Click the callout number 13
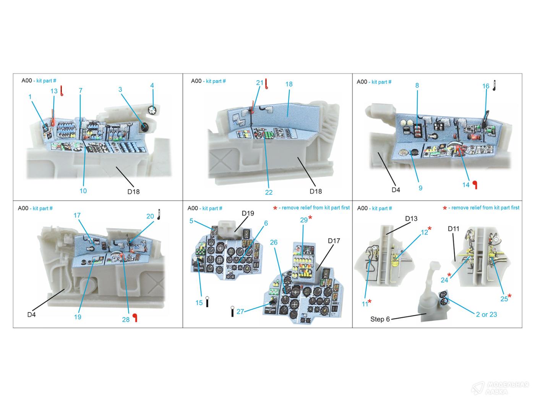[54, 91]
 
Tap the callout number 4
[152, 85]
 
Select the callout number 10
[83, 191]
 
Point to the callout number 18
[289, 84]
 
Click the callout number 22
[269, 192]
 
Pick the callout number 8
[417, 85]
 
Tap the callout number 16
[485, 86]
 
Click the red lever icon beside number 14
[475, 185]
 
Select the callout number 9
[420, 188]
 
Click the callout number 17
[77, 215]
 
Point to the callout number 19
[78, 317]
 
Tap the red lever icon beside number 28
[135, 318]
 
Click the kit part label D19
[248, 213]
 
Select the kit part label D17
[334, 241]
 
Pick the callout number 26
[274, 242]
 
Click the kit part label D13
[411, 218]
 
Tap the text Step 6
[380, 319]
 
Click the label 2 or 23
[486, 314]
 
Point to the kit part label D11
[454, 228]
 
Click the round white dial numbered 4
[152, 110]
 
